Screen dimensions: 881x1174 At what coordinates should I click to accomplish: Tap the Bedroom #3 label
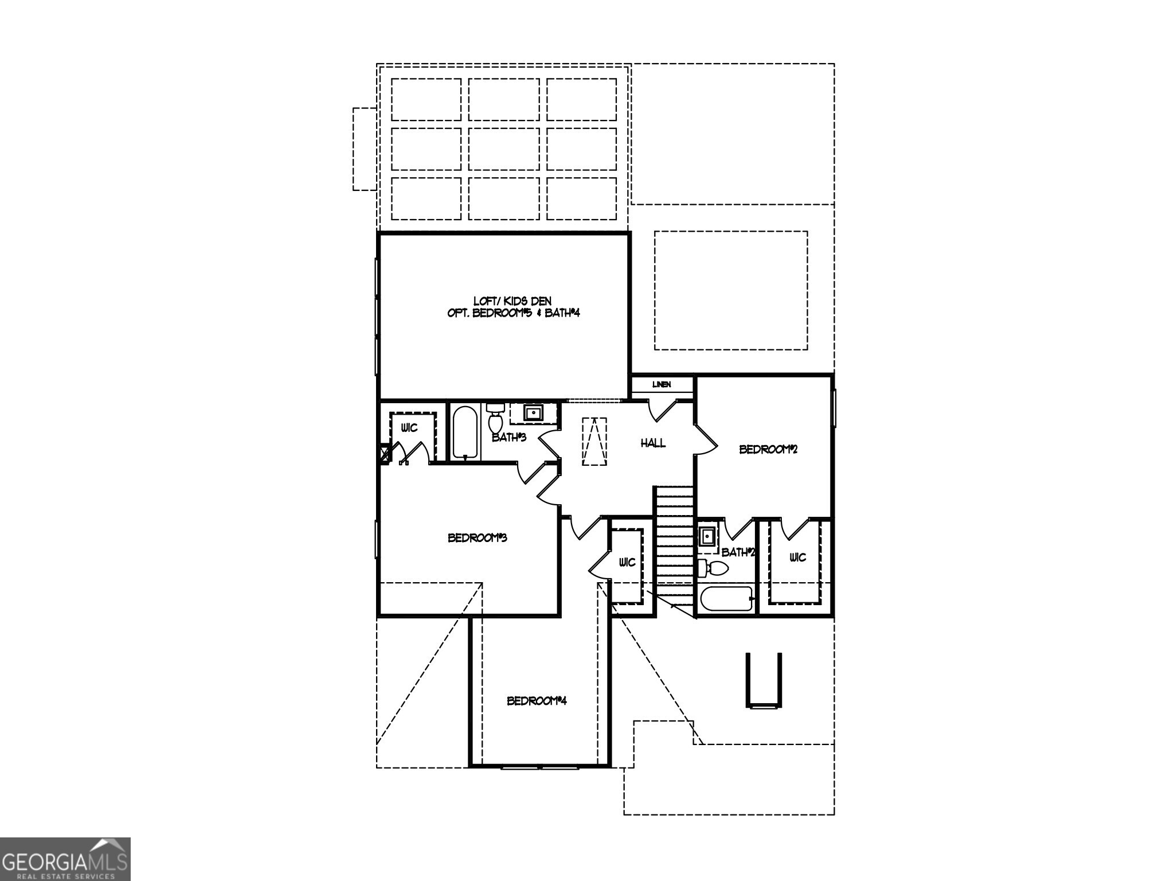coord(477,538)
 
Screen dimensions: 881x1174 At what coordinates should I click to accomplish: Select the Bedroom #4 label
coord(537,701)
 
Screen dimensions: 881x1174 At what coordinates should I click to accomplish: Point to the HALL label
coord(653,443)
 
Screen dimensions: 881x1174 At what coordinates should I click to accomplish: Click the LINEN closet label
coord(662,384)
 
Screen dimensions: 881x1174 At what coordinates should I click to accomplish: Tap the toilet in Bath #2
coord(714,569)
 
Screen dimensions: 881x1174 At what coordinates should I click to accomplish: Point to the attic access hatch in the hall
coord(594,440)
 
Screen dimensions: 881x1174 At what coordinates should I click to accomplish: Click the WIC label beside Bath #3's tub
coord(409,428)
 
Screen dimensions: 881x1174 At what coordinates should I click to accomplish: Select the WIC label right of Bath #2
coord(797,557)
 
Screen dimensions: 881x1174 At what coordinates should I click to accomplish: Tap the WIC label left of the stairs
coord(627,562)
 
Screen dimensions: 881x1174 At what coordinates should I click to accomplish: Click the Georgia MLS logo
coord(65,859)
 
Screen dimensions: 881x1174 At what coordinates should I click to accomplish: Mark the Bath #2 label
coord(738,552)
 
